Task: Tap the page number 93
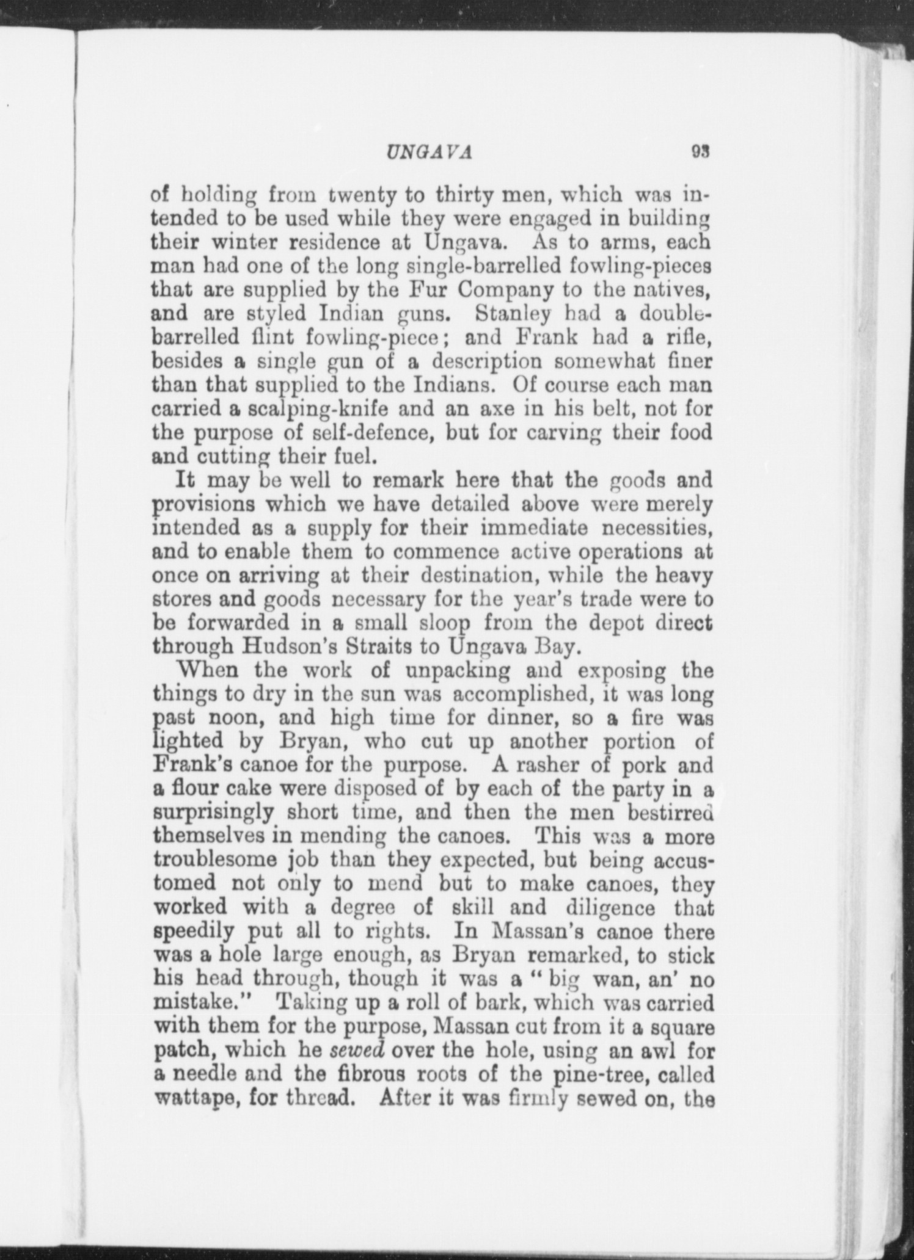point(699,150)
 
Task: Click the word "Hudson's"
point(283,646)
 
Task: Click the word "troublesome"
point(214,861)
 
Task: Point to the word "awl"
point(657,1050)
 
